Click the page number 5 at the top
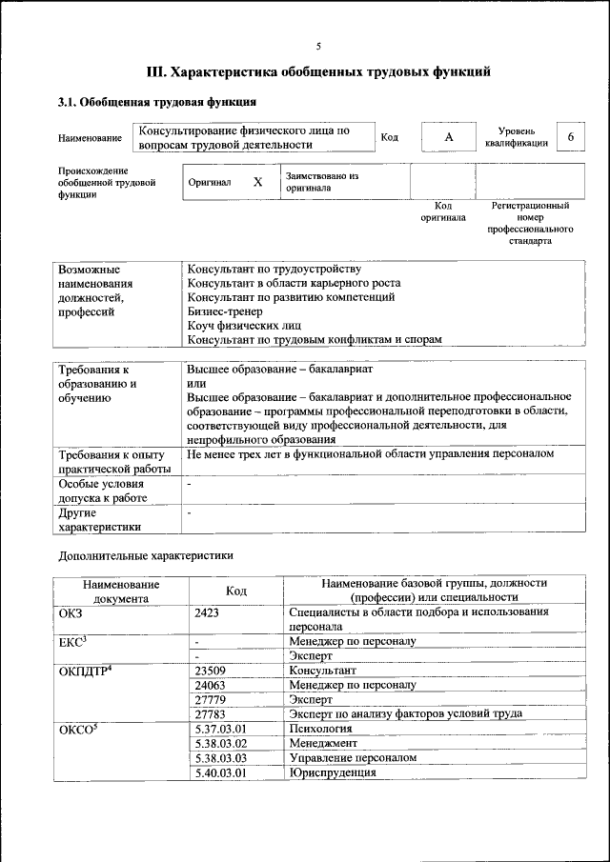pos(318,46)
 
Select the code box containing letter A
pos(448,138)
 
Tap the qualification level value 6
pos(570,137)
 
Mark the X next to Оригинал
pos(257,181)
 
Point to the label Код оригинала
pos(443,211)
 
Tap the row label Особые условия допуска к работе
pos(102,491)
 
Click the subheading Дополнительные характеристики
pos(145,555)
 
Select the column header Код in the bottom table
pos(236,591)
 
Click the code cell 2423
pos(207,612)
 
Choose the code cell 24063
pos(210,685)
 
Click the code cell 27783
pos(210,713)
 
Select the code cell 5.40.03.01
pos(220,772)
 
